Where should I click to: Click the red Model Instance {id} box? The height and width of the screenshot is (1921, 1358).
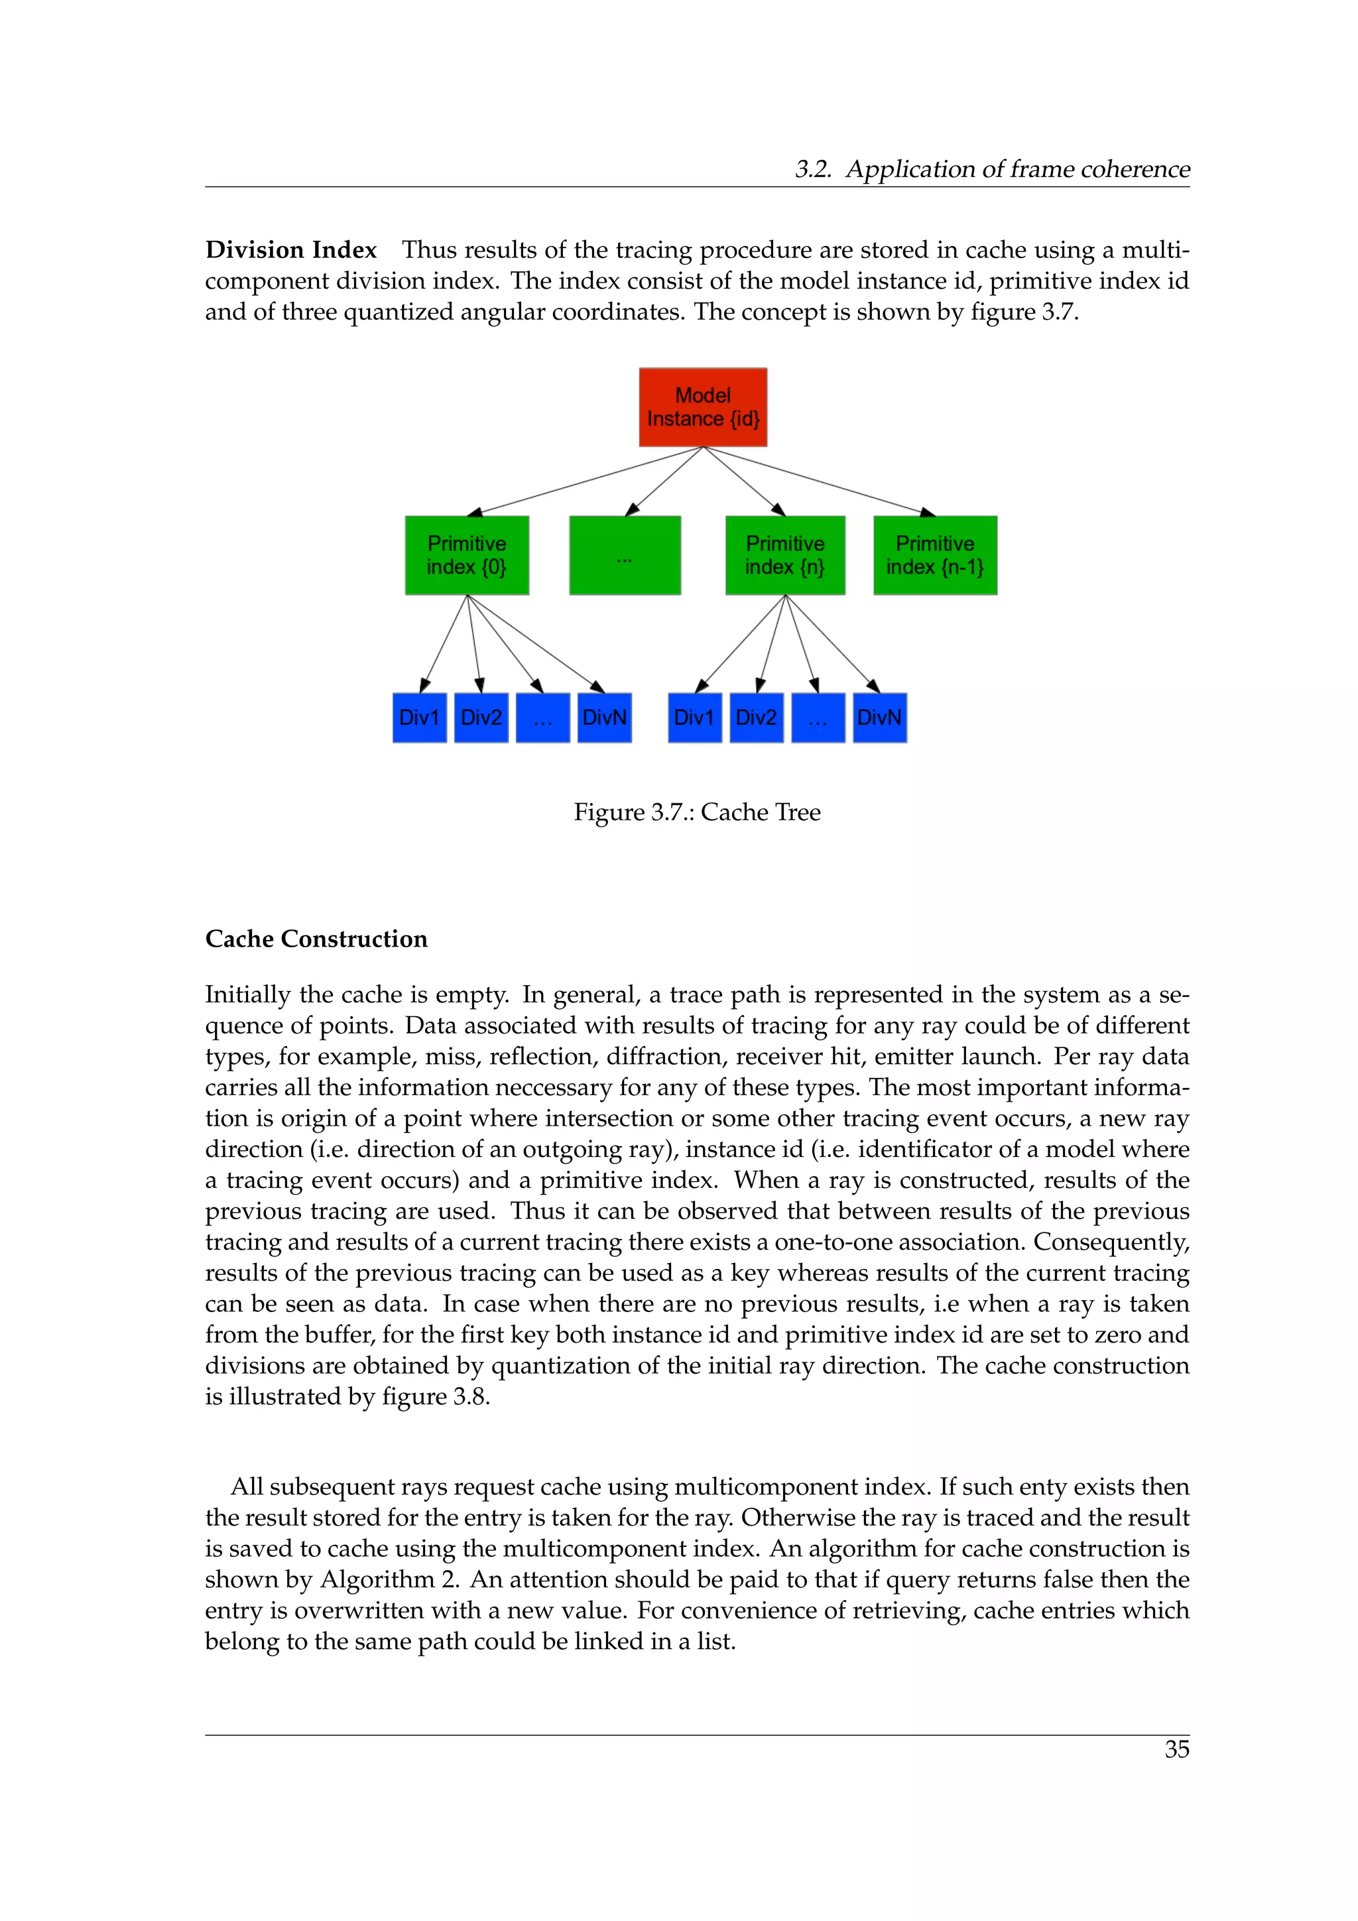pyautogui.click(x=702, y=407)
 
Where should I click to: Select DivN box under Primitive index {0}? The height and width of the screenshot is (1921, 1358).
pyautogui.click(x=604, y=717)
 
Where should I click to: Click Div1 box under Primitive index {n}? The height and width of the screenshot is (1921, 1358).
pyautogui.click(x=694, y=717)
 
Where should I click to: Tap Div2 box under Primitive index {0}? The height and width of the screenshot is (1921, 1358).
pyautogui.click(x=481, y=717)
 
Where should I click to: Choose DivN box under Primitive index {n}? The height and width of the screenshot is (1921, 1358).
pyautogui.click(x=880, y=717)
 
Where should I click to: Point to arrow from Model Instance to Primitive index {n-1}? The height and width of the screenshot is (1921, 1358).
pyautogui.click(x=820, y=480)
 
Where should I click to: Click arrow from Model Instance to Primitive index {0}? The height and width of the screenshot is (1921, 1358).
pyautogui.click(x=586, y=480)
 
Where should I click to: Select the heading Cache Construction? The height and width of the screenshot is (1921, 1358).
pyautogui.click(x=316, y=939)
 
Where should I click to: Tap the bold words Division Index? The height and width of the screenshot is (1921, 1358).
pyautogui.click(x=291, y=250)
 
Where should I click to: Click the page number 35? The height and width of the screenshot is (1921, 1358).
pyautogui.click(x=1176, y=1749)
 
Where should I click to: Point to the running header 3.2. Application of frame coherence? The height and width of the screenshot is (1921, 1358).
pyautogui.click(x=992, y=169)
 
